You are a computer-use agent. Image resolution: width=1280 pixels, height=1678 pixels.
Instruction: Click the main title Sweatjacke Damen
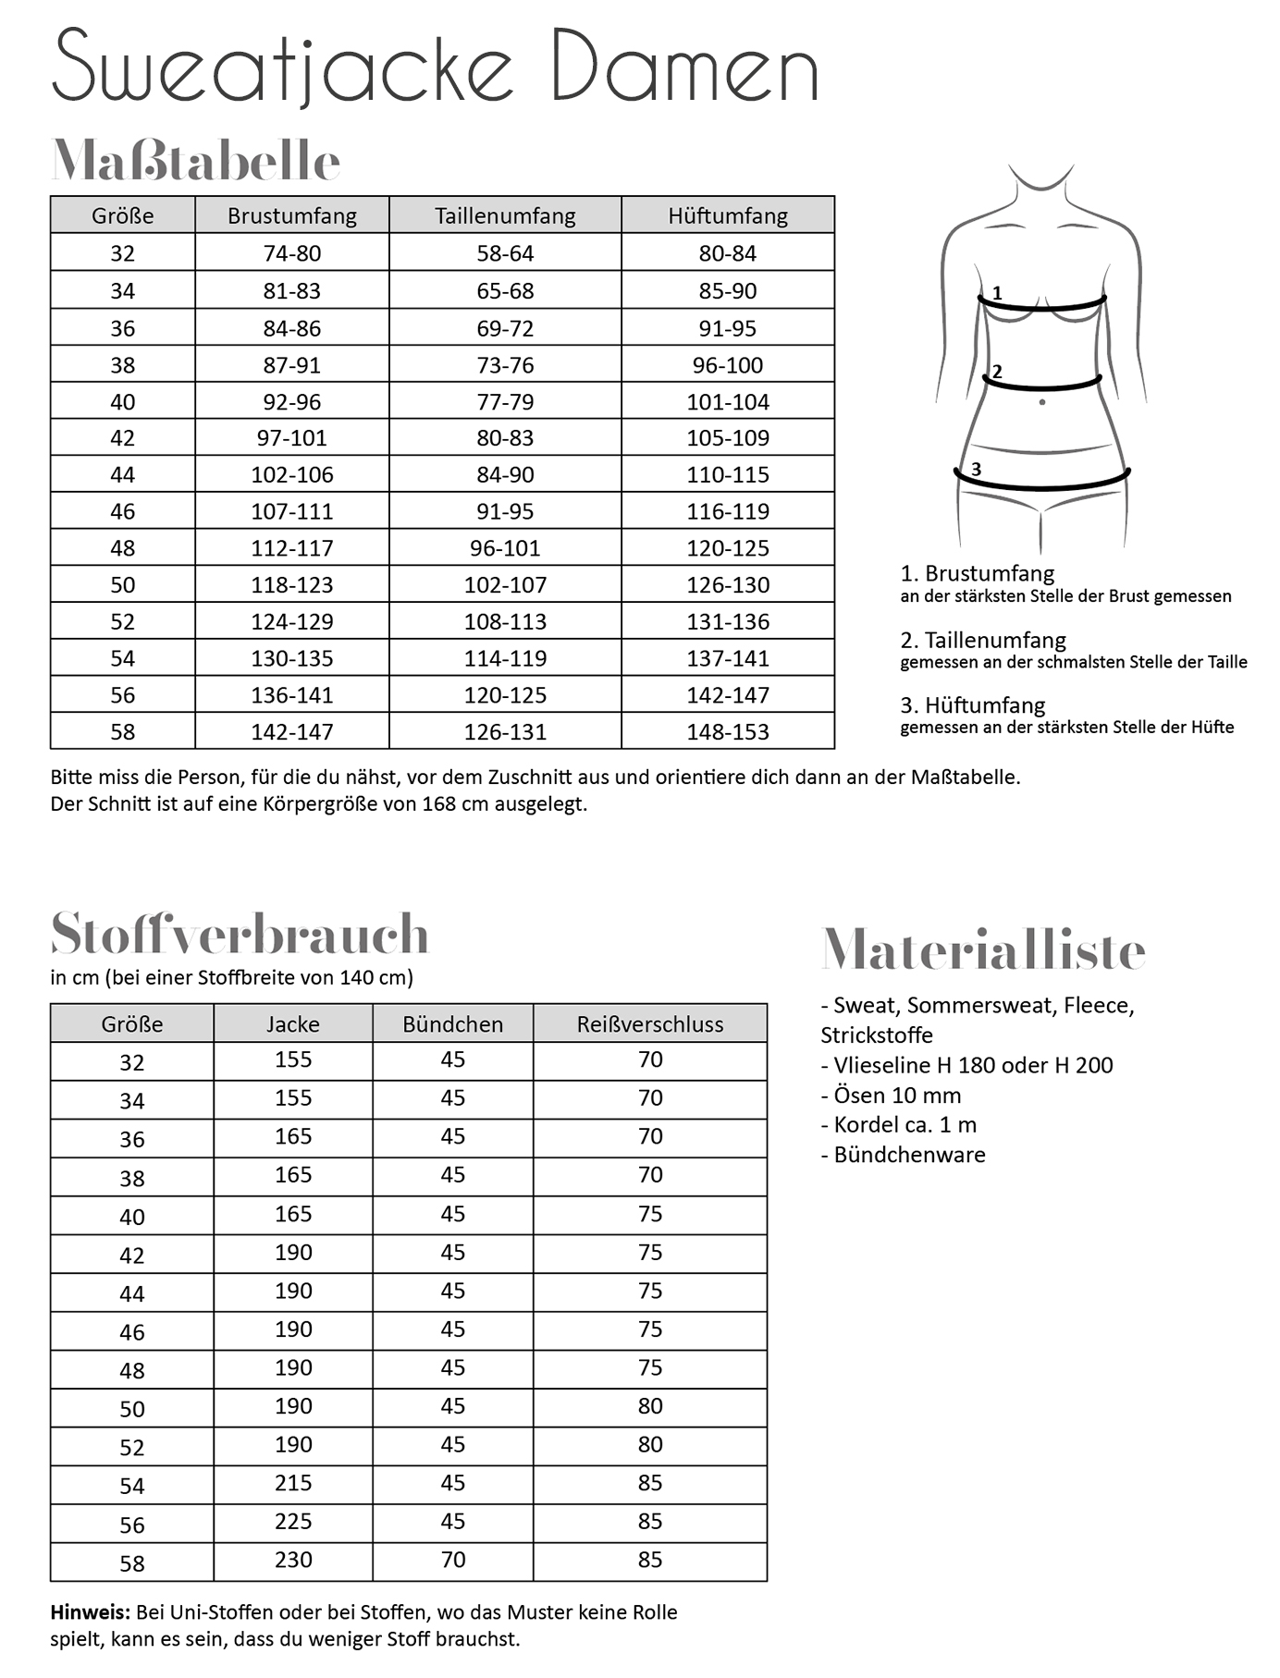point(435,67)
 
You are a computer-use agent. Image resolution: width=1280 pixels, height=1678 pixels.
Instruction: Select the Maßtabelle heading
point(196,161)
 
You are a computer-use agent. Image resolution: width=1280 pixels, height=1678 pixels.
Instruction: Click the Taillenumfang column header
point(505,215)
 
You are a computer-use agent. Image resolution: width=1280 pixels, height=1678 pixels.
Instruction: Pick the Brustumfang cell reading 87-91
point(291,365)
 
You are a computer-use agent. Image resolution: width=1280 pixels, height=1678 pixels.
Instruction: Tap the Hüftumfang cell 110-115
point(727,474)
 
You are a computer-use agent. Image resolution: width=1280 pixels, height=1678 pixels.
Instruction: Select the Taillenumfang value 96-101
point(505,548)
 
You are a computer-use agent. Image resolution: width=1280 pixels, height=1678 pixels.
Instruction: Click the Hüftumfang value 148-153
point(727,731)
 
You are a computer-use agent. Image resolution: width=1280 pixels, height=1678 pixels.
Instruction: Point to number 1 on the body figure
point(997,293)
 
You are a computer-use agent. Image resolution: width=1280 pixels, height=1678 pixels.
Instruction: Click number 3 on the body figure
point(976,470)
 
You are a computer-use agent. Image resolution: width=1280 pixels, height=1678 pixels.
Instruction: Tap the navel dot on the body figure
point(1042,402)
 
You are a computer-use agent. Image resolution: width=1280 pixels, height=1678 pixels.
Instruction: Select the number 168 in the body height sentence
point(438,803)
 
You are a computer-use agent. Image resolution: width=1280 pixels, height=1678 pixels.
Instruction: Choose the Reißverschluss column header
point(649,1024)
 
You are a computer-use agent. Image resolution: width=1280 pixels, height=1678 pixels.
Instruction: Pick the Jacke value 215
point(293,1483)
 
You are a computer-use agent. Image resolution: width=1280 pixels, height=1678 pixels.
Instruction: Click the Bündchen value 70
point(452,1560)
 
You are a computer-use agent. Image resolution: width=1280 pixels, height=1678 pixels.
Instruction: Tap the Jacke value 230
point(293,1560)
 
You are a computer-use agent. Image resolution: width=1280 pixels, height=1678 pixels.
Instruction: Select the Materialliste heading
point(982,949)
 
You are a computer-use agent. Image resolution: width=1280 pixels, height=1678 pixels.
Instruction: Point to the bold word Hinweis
point(90,1612)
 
